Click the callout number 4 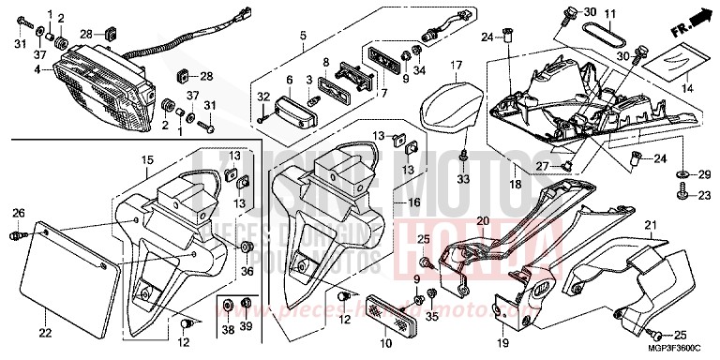click(x=37, y=68)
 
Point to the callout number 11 click(x=608, y=14)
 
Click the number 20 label click(x=482, y=221)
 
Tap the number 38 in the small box click(x=228, y=329)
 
